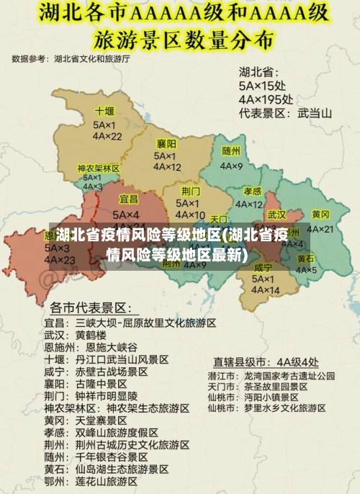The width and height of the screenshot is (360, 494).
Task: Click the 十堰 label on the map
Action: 104,112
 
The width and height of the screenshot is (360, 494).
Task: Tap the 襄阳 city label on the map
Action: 167,144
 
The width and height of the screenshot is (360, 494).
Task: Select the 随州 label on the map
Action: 231,151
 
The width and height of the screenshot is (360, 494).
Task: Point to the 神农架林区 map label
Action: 99,169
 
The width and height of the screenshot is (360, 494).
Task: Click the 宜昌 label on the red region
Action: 128,199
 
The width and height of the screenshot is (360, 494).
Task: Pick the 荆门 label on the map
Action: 191,191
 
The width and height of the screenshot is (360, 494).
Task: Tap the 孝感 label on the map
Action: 252,191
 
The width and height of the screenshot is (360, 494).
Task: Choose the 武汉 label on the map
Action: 276,215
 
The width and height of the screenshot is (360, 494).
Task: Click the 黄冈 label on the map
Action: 320,215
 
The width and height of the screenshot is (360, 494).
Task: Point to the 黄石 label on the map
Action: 305,259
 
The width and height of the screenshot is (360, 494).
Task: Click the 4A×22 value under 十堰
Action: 107,136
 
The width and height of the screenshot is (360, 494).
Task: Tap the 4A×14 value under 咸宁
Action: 264,290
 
